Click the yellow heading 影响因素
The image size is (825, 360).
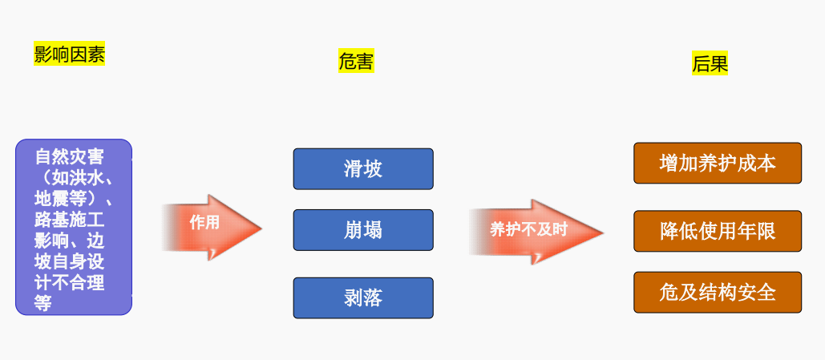pyautogui.click(x=69, y=55)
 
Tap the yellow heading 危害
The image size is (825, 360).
pyautogui.click(x=356, y=61)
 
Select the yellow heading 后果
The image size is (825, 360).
pyautogui.click(x=710, y=64)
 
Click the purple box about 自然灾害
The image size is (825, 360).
pyautogui.click(x=73, y=227)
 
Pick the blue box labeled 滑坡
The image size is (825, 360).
pyautogui.click(x=363, y=168)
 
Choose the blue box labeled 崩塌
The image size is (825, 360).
pyautogui.click(x=363, y=230)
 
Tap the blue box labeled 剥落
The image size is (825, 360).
pyautogui.click(x=363, y=297)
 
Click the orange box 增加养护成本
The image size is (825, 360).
pyautogui.click(x=718, y=163)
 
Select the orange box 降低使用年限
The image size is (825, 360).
pyautogui.click(x=718, y=231)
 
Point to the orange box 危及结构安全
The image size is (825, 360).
pyautogui.click(x=718, y=292)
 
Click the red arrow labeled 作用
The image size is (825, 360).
pyautogui.click(x=212, y=228)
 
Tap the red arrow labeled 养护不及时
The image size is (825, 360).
pyautogui.click(x=536, y=232)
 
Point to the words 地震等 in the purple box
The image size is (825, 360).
pyautogui.click(x=61, y=197)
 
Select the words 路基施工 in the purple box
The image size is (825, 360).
pyautogui.click(x=69, y=219)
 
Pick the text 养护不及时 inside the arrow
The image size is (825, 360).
pyautogui.click(x=528, y=230)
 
